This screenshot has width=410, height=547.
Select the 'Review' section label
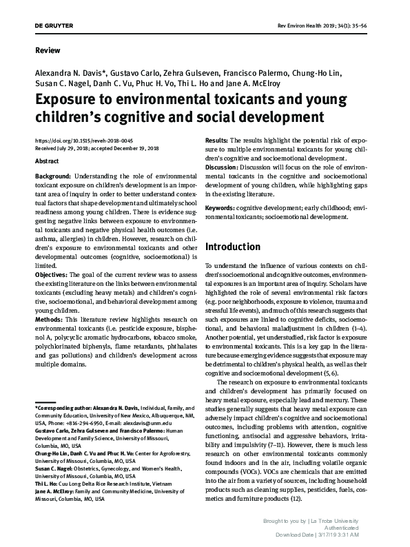(x=47, y=50)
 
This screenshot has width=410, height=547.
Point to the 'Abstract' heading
(x=47, y=161)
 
